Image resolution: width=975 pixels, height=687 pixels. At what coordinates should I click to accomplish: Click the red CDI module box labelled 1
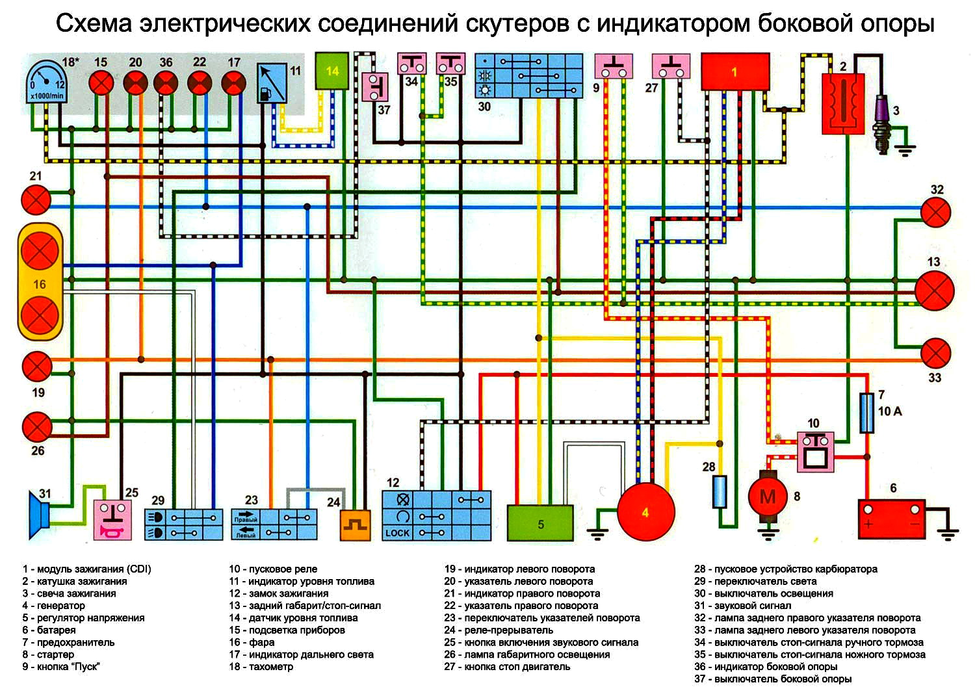(735, 71)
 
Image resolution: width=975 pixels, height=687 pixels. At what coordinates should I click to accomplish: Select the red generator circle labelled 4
(644, 512)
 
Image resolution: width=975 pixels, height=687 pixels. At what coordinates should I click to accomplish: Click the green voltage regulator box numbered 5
(540, 523)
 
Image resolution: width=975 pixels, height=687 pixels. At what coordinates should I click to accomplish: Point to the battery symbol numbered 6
(892, 518)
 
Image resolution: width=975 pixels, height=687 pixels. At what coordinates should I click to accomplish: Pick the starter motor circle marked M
(768, 498)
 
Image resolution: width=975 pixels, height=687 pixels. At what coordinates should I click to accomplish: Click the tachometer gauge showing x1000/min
(45, 81)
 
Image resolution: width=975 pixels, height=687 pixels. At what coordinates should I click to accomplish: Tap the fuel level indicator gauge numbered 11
(272, 83)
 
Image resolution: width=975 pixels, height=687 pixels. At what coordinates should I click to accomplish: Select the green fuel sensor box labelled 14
(332, 71)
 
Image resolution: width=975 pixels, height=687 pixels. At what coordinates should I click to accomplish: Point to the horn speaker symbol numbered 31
(40, 515)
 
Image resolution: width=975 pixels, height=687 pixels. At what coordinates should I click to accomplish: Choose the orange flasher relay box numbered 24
(355, 525)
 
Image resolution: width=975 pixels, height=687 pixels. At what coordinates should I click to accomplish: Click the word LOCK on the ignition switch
(397, 533)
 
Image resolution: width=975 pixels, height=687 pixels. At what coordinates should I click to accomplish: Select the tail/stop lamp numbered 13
(934, 289)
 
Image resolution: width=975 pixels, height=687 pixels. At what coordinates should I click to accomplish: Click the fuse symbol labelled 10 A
(866, 413)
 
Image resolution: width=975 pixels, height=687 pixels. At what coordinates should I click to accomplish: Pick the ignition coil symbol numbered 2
(843, 104)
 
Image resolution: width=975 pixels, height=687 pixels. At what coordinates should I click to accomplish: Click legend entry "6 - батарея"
(49, 630)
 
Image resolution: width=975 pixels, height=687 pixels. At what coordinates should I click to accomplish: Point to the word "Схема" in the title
(93, 23)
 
